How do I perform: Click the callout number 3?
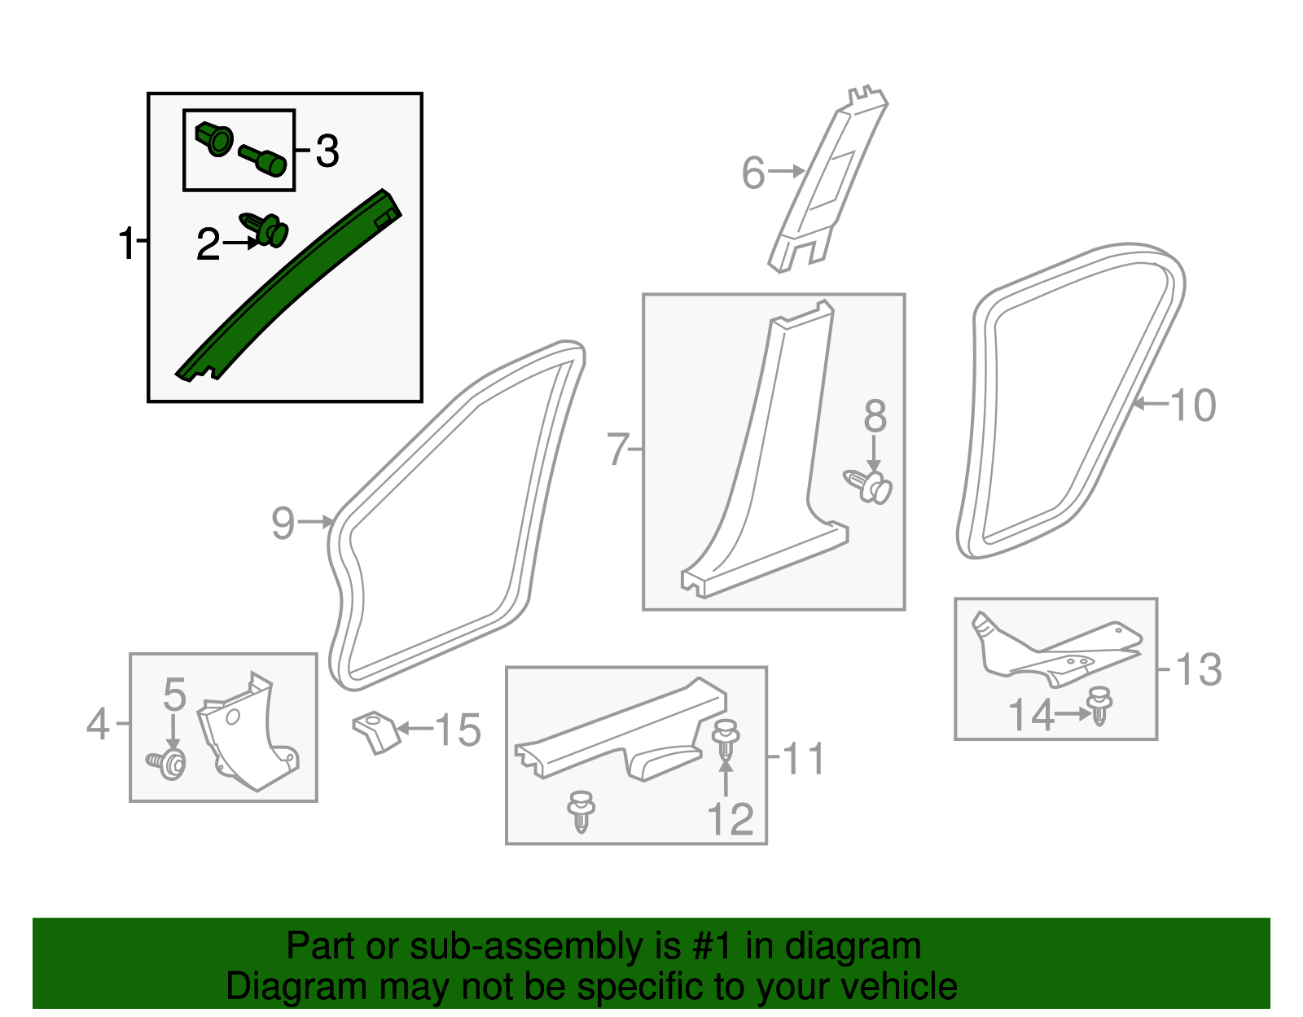327,151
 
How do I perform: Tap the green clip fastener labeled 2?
268,229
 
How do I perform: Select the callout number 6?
753,173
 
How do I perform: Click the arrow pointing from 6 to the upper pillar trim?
786,171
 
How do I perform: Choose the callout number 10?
1193,405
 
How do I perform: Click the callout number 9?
283,523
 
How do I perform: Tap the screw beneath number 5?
168,763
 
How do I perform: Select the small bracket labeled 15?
375,730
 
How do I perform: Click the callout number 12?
730,818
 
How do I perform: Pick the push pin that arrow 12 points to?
726,740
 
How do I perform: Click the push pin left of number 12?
581,810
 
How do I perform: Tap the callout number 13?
1198,669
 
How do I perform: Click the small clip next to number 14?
1100,704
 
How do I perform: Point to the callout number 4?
98,724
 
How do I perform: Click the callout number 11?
803,758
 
